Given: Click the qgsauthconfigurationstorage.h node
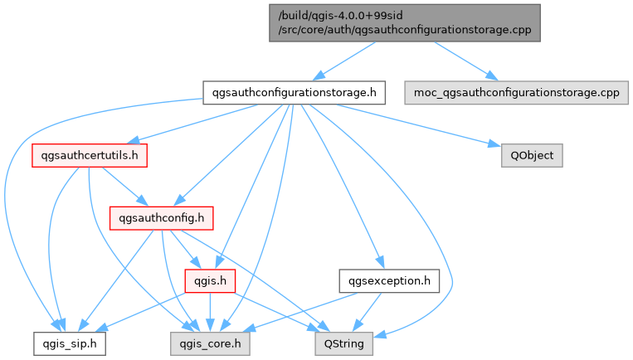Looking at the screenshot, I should coord(294,92).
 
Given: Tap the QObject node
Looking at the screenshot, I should coord(532,154).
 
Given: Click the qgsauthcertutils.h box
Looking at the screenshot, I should coord(90,154).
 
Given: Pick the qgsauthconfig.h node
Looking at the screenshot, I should coord(161,218).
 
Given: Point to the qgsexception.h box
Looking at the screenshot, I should coord(388,280).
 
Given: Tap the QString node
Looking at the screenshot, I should coord(343,342).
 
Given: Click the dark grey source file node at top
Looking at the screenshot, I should coord(405,22).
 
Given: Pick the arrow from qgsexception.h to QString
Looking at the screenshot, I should coord(366,311).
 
